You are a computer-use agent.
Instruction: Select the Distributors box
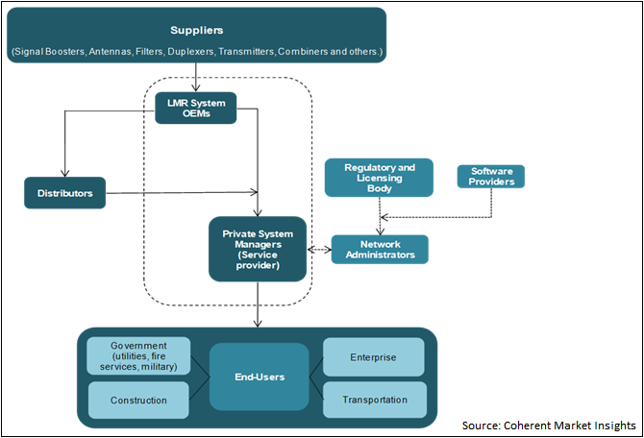point(63,193)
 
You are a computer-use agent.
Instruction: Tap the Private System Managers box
point(258,249)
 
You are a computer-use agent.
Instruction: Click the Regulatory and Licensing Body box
point(379,178)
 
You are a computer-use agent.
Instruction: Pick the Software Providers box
point(490,177)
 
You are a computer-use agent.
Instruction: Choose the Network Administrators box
point(380,249)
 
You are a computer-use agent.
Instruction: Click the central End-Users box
point(259,377)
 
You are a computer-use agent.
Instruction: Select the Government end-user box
point(138,354)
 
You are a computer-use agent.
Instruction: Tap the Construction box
point(138,400)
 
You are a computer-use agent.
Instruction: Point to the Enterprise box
point(373,356)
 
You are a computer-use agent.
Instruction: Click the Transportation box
point(373,400)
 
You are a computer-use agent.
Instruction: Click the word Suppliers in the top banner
point(196,30)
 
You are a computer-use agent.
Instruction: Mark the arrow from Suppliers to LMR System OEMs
point(196,76)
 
